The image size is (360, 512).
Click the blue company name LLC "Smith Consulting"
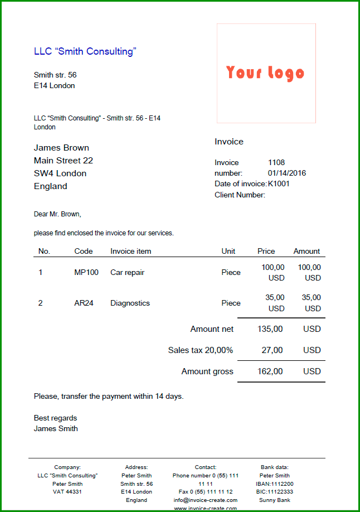(85, 51)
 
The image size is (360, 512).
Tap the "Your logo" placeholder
(265, 73)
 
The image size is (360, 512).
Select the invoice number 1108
(276, 162)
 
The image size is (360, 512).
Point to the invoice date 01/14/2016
(287, 173)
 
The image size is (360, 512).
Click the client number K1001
(279, 183)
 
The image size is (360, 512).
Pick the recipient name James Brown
(61, 148)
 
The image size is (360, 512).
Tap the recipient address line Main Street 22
(63, 161)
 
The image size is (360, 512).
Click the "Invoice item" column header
(130, 251)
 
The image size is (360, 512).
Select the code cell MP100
(86, 273)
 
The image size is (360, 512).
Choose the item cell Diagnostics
(130, 303)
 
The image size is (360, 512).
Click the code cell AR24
(84, 303)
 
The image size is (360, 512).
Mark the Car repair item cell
(127, 273)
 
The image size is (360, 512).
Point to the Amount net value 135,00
(270, 329)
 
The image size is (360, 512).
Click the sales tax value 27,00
(272, 350)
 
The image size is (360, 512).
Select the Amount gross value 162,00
(270, 371)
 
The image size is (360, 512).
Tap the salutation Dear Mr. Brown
(57, 214)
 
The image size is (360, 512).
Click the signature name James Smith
(56, 429)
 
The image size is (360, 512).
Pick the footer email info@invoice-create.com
(205, 500)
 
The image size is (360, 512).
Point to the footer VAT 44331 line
(67, 492)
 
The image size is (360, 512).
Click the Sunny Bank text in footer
(275, 500)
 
